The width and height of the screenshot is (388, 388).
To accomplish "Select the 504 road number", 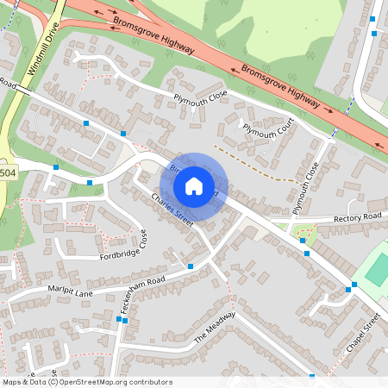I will click(x=8, y=173).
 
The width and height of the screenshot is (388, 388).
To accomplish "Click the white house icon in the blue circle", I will click(x=194, y=186).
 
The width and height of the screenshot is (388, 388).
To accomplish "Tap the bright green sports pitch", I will click(x=378, y=270).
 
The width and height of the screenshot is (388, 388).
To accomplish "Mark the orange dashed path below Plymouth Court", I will click(x=251, y=163).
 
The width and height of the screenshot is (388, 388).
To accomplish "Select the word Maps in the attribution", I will click(x=13, y=382).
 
